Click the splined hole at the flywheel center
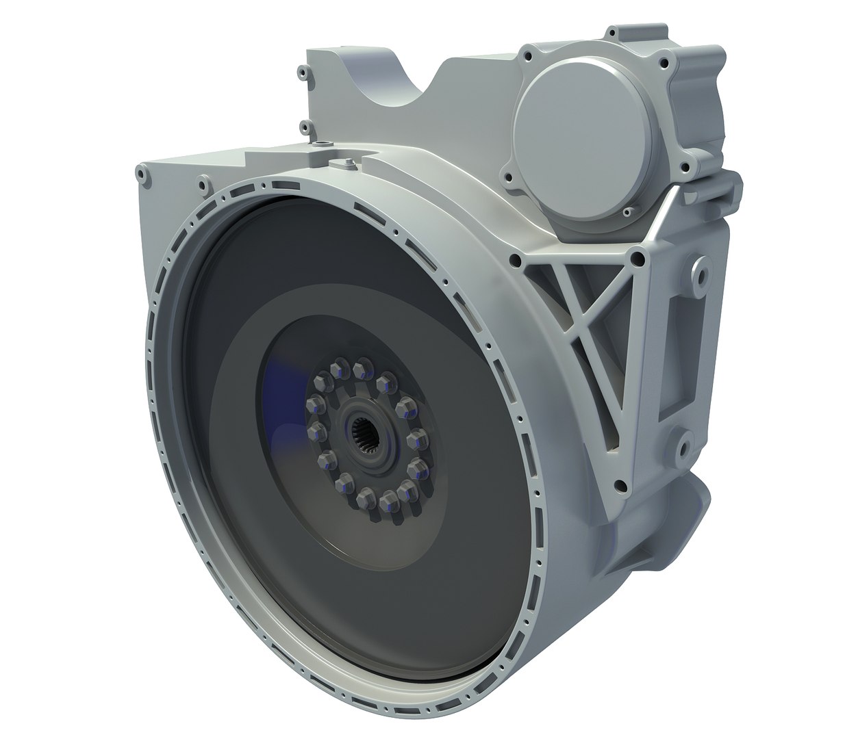click(366, 438)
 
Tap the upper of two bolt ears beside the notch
click(300, 70)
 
